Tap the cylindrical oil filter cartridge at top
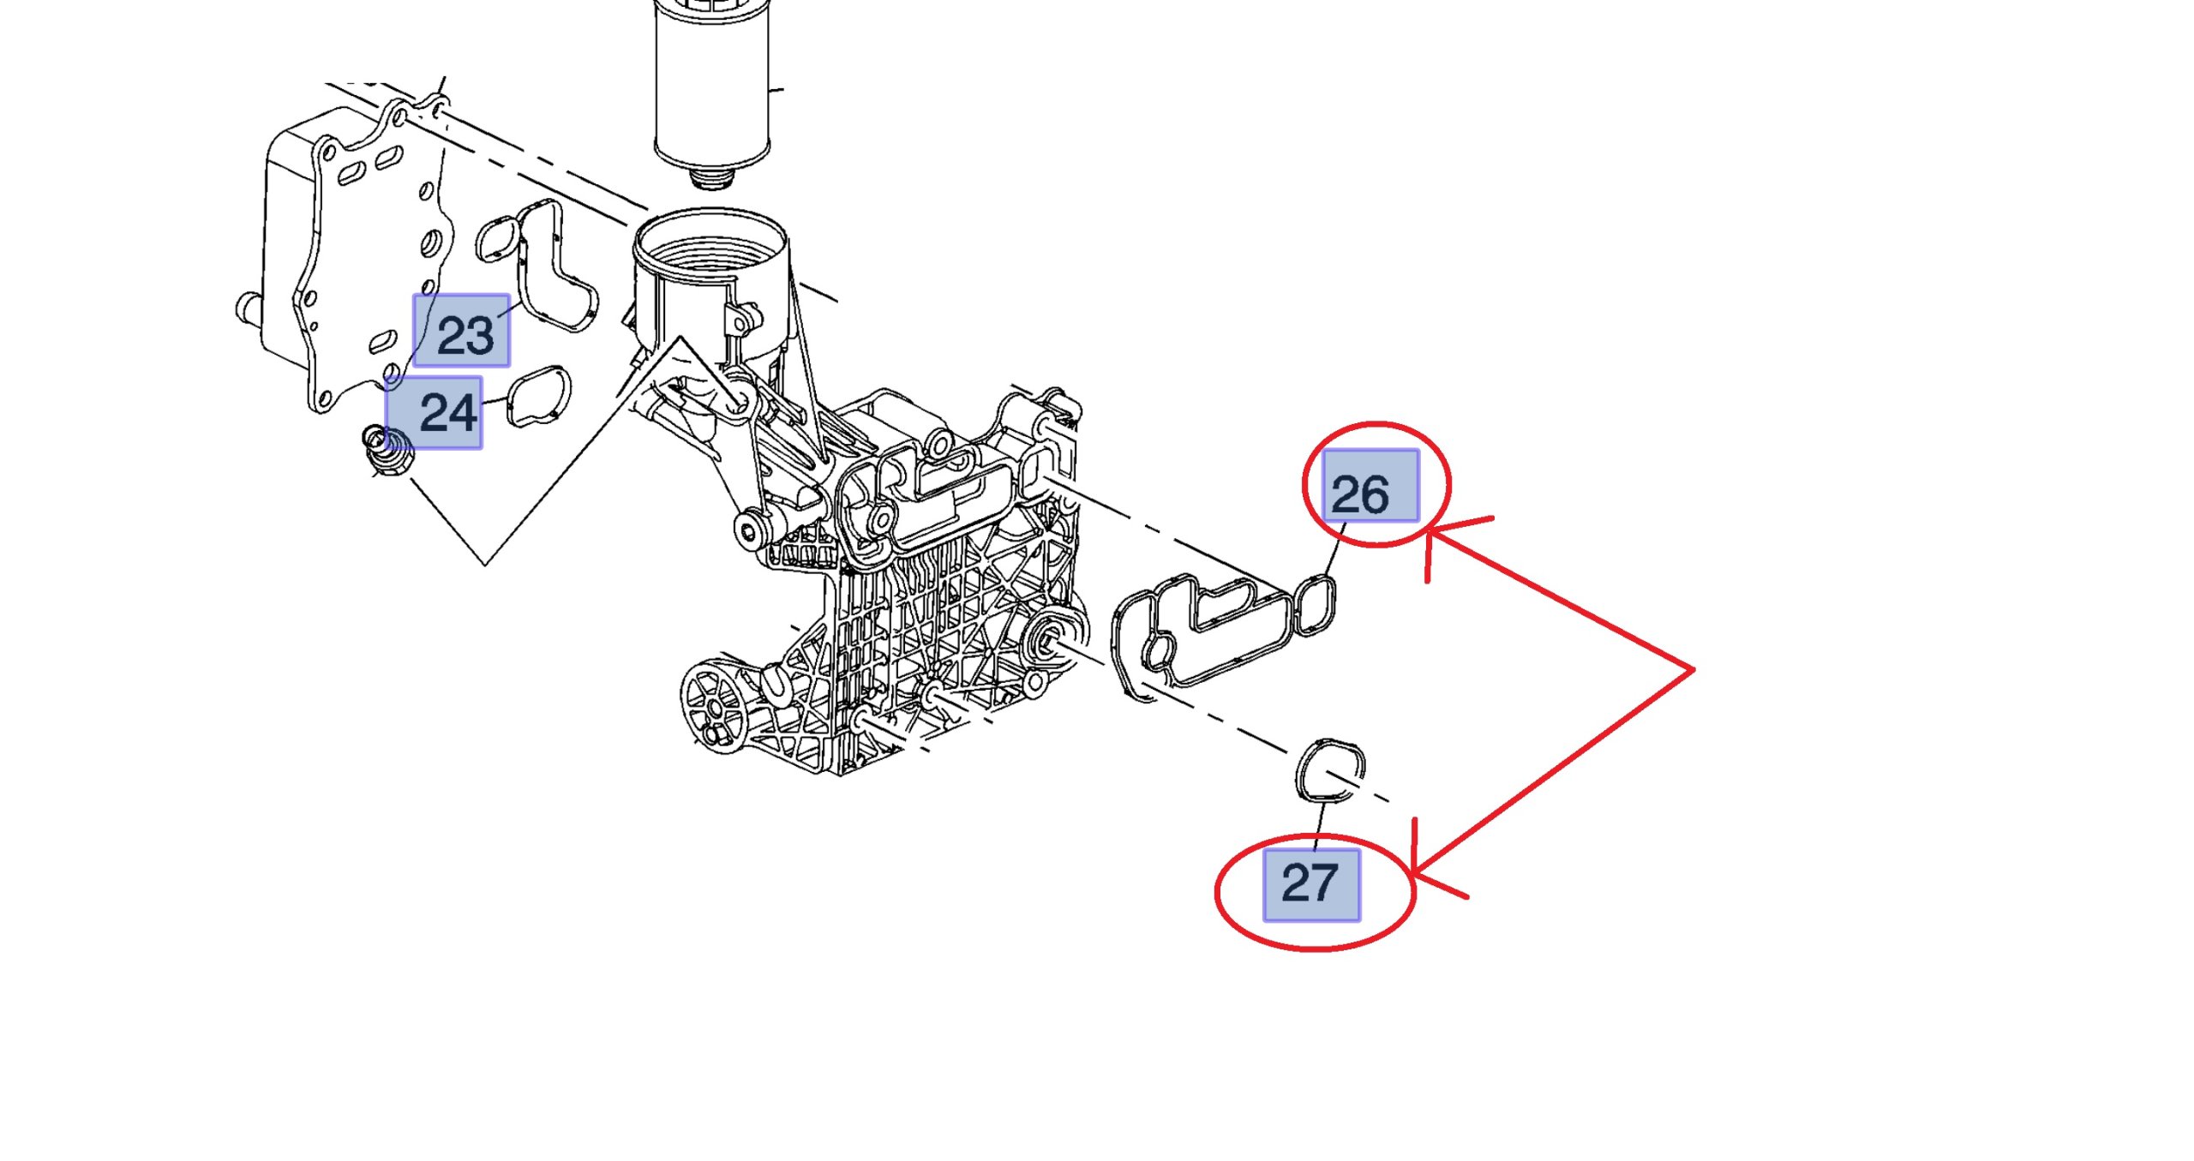[712, 86]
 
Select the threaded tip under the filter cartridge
[712, 178]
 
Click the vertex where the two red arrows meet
[1693, 670]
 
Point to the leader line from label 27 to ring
[1320, 824]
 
